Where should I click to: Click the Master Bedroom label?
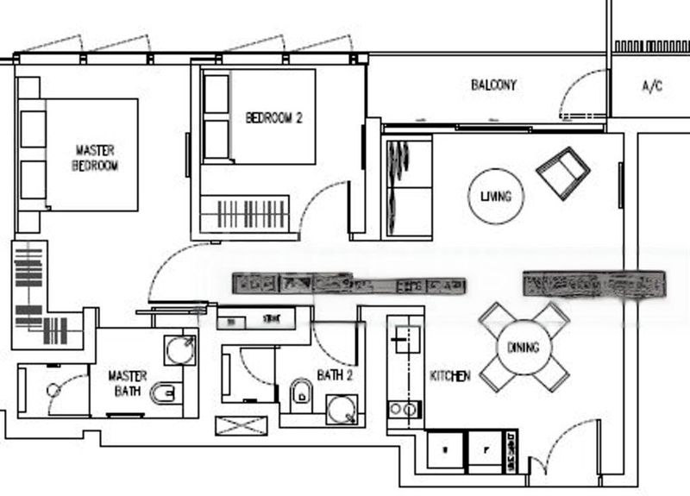click(95, 157)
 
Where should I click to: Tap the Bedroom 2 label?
click(273, 118)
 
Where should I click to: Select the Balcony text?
click(493, 85)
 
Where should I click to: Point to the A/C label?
click(652, 86)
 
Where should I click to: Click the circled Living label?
click(495, 197)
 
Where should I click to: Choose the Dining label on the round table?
click(523, 348)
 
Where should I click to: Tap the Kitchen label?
click(450, 376)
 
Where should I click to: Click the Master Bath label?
click(127, 385)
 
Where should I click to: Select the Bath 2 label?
click(335, 375)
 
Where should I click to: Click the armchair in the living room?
click(562, 170)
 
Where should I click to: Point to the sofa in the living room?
click(406, 187)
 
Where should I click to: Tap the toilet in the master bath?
click(163, 395)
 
